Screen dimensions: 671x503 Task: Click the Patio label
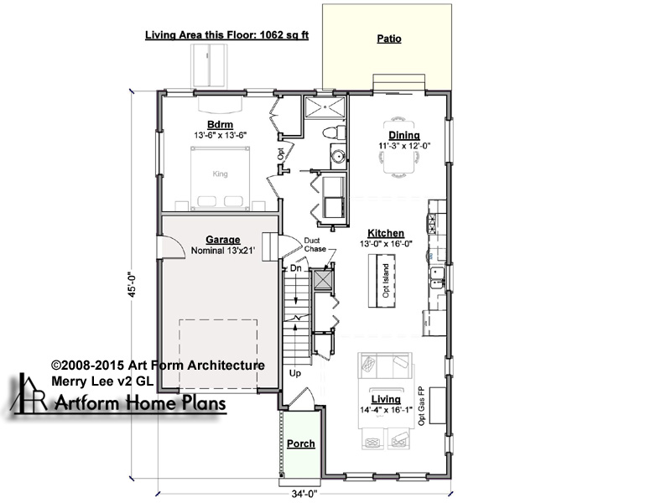pyautogui.click(x=389, y=39)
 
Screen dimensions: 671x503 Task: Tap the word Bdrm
pyautogui.click(x=220, y=125)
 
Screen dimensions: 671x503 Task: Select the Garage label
pyautogui.click(x=222, y=240)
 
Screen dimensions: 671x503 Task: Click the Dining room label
pyautogui.click(x=404, y=136)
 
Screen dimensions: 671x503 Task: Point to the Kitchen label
pyautogui.click(x=386, y=233)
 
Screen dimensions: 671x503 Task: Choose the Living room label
pyautogui.click(x=386, y=400)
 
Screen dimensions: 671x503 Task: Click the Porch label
pyautogui.click(x=301, y=444)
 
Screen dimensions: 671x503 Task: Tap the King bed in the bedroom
pyautogui.click(x=220, y=179)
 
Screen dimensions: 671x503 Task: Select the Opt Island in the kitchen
pyautogui.click(x=382, y=281)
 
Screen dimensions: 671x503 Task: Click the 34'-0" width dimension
pyautogui.click(x=304, y=494)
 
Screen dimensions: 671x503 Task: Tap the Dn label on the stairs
pyautogui.click(x=296, y=268)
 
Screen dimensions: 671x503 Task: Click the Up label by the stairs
pyautogui.click(x=295, y=373)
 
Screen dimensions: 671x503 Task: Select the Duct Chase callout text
pyautogui.click(x=315, y=245)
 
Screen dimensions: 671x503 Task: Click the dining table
pyautogui.click(x=398, y=146)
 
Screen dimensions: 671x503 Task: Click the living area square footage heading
pyautogui.click(x=226, y=35)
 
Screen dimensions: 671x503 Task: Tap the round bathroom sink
pyautogui.click(x=339, y=156)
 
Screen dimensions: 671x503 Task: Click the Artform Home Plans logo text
pyautogui.click(x=140, y=403)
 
